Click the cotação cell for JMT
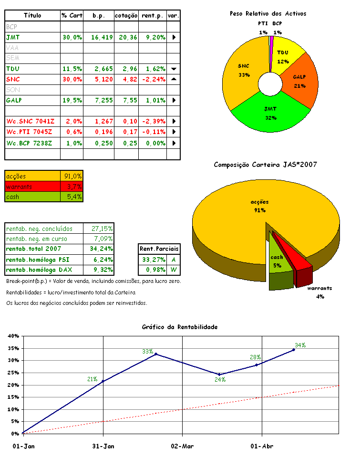126,37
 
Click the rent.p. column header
153,16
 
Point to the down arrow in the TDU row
174,69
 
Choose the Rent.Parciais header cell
159,249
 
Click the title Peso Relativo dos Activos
267,13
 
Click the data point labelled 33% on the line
156,354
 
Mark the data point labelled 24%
219,375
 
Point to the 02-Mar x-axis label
183,446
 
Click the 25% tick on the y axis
13,361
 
